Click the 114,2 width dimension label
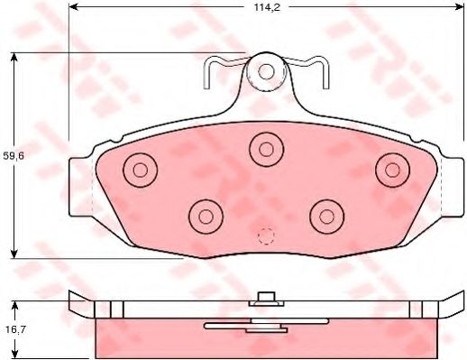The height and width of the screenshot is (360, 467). click(267, 7)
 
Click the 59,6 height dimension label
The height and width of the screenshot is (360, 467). click(14, 156)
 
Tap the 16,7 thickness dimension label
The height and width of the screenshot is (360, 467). click(14, 329)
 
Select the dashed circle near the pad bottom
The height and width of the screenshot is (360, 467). click(266, 236)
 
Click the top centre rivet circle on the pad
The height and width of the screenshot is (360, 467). click(266, 150)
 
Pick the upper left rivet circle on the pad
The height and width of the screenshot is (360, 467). click(140, 171)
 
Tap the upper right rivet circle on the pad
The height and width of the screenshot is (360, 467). click(392, 171)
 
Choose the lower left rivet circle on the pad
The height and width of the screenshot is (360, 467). click(206, 217)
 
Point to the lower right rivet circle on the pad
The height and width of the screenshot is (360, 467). click(326, 217)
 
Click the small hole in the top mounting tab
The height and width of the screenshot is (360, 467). click(266, 71)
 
